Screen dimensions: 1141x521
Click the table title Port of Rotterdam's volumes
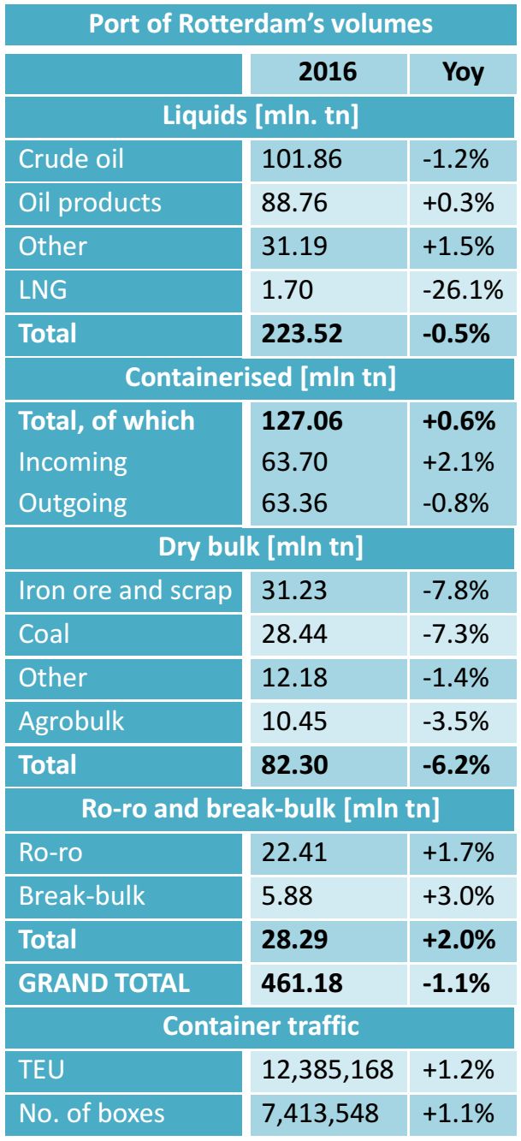click(x=260, y=23)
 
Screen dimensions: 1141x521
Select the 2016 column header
click(x=328, y=72)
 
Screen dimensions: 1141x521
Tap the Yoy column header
click(x=463, y=72)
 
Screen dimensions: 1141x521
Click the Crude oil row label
click(x=72, y=159)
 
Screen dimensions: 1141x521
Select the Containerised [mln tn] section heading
click(x=260, y=377)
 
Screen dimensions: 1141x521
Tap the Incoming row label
click(x=73, y=462)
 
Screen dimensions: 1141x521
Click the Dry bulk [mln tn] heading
click(x=260, y=548)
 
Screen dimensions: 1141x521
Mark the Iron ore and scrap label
click(x=125, y=591)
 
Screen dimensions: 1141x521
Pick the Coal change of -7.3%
click(x=456, y=634)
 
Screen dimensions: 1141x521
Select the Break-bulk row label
click(x=82, y=895)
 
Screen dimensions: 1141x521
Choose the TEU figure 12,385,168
click(x=329, y=1070)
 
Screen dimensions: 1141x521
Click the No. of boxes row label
click(x=92, y=1114)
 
